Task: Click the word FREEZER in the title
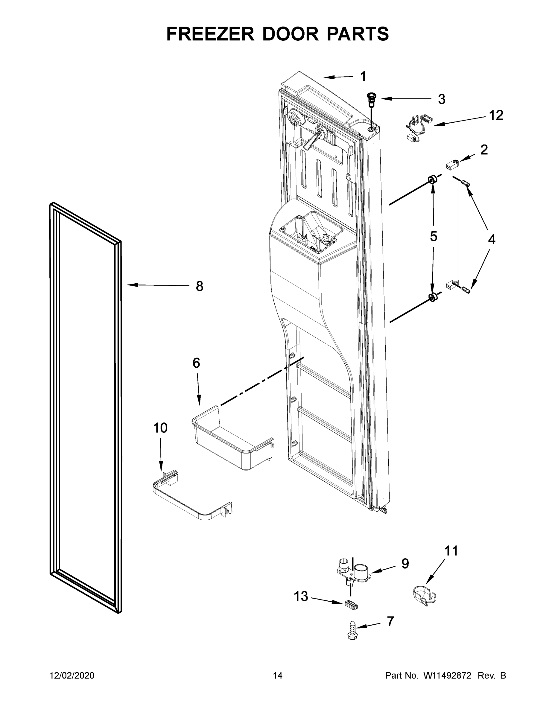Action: click(x=210, y=34)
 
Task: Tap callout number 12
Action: click(x=496, y=115)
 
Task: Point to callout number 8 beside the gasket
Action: click(x=199, y=286)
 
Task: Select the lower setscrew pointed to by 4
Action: click(x=466, y=290)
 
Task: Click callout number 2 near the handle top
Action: click(x=484, y=150)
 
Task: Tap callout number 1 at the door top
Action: click(x=363, y=77)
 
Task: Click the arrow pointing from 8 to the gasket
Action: click(x=158, y=285)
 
